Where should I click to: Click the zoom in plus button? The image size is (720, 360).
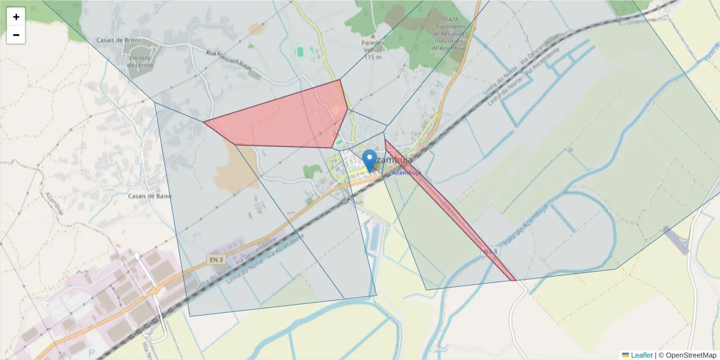pos(16,17)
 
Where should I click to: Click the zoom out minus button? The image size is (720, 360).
pos(16,35)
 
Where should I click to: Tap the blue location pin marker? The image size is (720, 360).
pos(370,160)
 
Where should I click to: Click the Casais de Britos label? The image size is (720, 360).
pos(118,40)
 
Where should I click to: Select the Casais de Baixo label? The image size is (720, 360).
pos(150,196)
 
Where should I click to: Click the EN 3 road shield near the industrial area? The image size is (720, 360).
pos(217,259)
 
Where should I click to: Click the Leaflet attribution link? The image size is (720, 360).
pos(641,355)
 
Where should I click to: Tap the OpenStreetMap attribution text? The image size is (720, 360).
pos(687,355)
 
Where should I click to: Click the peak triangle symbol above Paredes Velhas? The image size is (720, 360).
pos(373,35)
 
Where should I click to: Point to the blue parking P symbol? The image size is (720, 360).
pos(91,353)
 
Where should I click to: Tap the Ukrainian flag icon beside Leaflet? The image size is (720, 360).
pos(625,355)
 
